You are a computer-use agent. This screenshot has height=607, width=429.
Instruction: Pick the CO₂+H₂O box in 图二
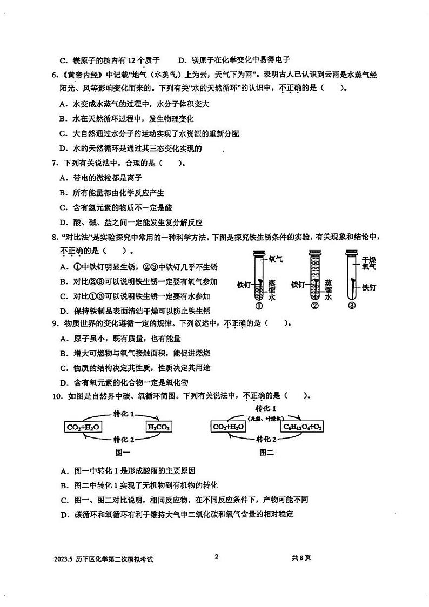point(229,428)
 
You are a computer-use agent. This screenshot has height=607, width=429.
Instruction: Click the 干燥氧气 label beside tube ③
point(369,262)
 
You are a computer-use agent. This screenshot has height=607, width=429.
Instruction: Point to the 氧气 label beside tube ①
point(276,259)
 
